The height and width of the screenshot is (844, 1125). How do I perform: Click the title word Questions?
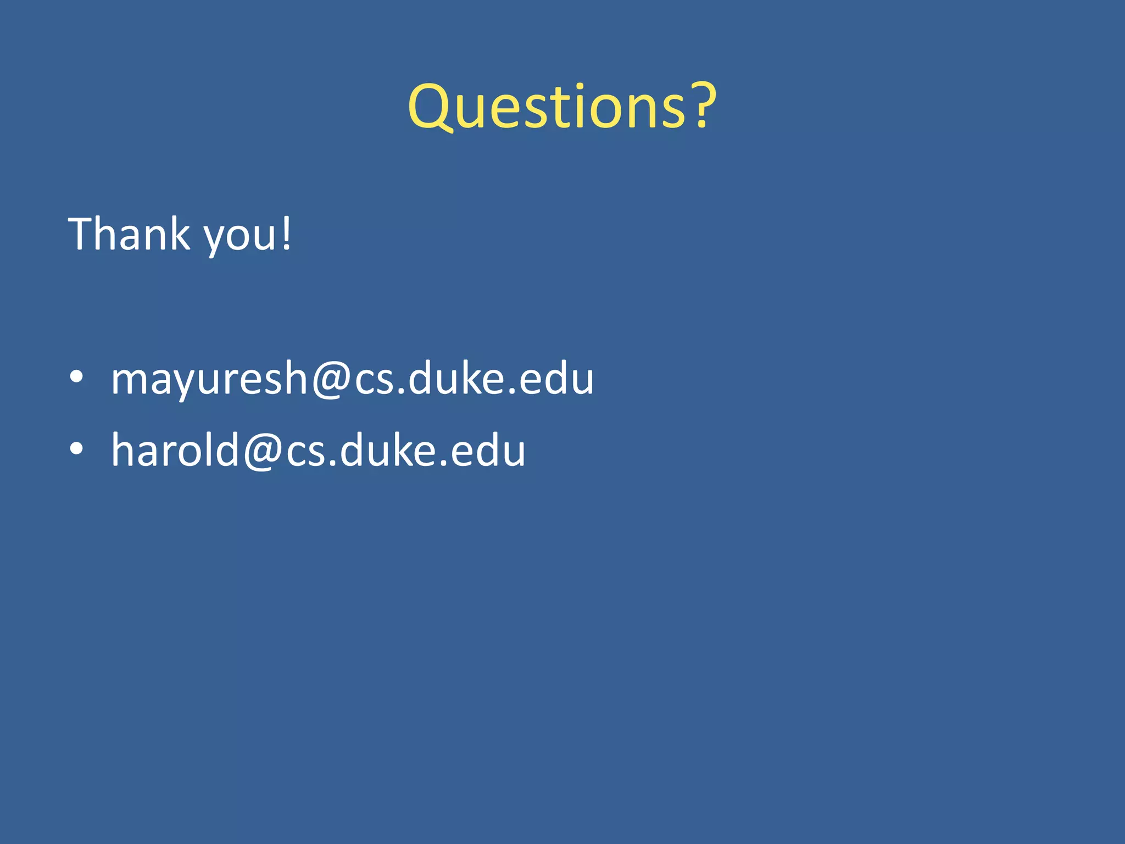click(x=547, y=107)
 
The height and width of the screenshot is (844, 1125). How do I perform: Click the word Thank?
click(x=129, y=234)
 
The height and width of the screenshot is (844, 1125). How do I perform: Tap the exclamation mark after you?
click(x=286, y=234)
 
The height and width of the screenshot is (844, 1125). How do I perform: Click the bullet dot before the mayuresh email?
click(x=77, y=377)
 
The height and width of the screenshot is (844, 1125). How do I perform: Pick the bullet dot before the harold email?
click(x=77, y=449)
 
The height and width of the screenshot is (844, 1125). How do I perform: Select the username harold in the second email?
click(x=175, y=450)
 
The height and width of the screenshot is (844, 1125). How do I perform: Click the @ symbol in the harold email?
click(x=263, y=452)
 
